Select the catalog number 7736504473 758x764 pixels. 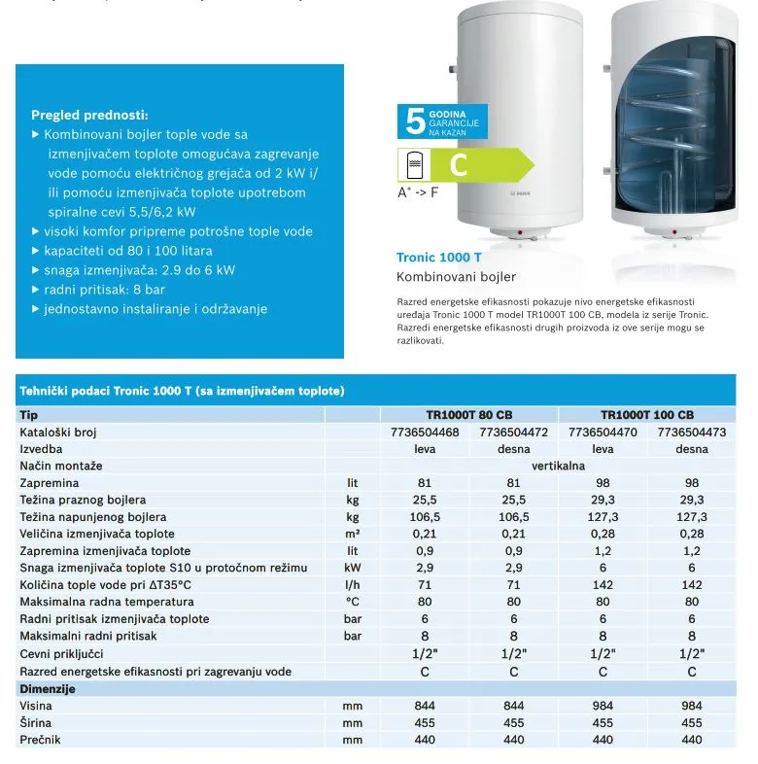point(692,432)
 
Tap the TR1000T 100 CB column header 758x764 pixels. point(646,414)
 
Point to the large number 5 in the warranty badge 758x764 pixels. point(415,122)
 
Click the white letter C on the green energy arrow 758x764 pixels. point(459,165)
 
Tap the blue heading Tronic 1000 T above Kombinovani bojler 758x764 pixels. point(439,258)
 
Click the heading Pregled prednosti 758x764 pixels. point(89,115)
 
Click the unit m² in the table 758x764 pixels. point(352,534)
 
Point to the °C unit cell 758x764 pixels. point(352,602)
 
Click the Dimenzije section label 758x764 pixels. point(48,689)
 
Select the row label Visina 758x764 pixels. point(36,707)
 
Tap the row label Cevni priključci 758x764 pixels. point(61,654)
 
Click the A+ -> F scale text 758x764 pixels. point(418,192)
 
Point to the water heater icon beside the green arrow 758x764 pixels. point(415,164)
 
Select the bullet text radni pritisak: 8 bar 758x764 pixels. point(105,290)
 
